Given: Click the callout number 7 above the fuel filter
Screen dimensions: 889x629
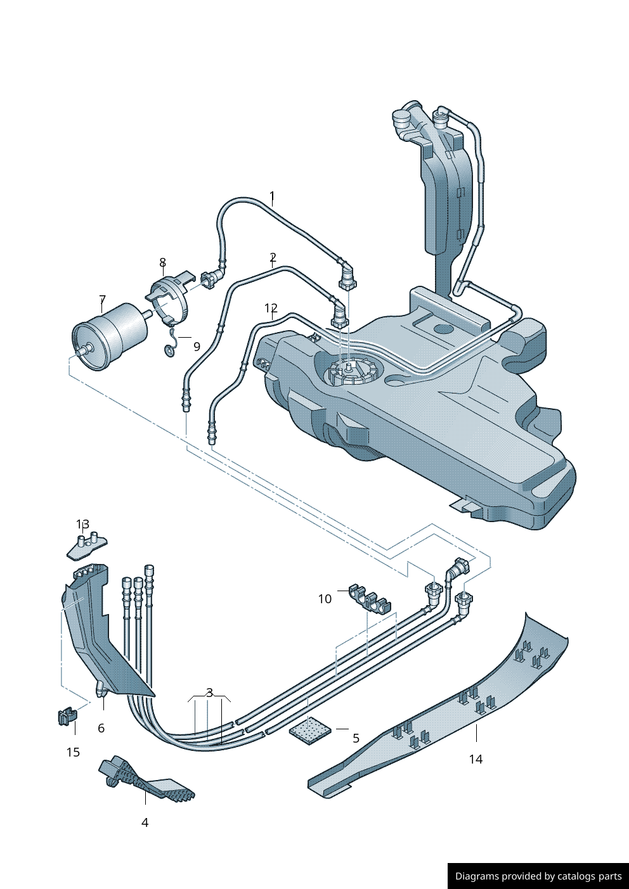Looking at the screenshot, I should (x=102, y=300).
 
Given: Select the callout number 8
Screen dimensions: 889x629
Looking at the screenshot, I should (x=162, y=262).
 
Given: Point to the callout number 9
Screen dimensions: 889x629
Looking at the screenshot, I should (x=197, y=347).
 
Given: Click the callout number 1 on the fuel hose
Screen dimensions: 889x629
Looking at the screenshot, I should (x=272, y=196).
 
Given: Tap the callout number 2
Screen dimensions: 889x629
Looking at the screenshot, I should (x=273, y=257).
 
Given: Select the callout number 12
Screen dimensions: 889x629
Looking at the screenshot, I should (x=271, y=309).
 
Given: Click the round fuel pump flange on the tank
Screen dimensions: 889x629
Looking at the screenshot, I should (x=351, y=373).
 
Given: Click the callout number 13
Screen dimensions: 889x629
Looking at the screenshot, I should (x=82, y=524).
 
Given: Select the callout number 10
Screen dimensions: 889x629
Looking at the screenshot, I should (x=325, y=599).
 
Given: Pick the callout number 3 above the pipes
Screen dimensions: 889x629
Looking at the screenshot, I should (x=209, y=693).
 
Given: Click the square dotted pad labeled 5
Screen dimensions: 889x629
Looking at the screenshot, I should (x=310, y=731).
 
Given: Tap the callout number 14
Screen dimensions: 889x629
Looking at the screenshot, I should (x=476, y=758).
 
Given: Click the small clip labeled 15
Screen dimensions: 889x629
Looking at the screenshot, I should (x=67, y=717).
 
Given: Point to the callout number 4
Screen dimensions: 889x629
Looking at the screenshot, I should (x=145, y=822).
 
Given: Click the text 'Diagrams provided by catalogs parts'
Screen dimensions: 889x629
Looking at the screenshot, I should (x=538, y=876).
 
